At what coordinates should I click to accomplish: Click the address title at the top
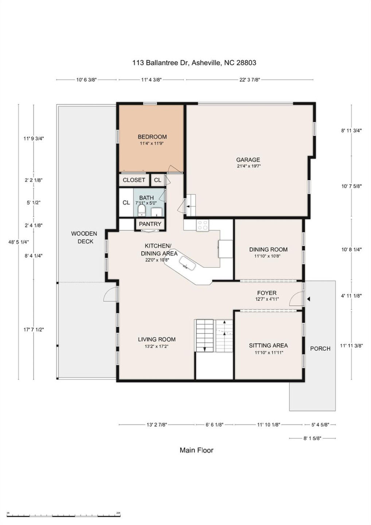(194, 63)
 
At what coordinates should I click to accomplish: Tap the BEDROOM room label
(152, 137)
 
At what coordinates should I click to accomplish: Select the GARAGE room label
(248, 160)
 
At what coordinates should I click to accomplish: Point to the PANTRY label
(150, 224)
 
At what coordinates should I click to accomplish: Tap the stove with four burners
(202, 225)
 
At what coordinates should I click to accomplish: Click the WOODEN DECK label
(84, 237)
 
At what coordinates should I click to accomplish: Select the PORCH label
(320, 349)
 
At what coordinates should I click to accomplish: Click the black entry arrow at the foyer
(308, 299)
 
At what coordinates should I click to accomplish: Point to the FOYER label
(267, 293)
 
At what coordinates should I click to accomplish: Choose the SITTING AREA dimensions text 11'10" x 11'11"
(269, 353)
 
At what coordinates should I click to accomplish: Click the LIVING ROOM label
(157, 339)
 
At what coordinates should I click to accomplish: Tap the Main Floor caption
(196, 450)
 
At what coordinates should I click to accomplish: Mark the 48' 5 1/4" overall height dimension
(19, 242)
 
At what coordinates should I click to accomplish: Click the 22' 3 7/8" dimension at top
(250, 80)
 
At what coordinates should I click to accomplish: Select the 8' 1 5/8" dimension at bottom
(312, 438)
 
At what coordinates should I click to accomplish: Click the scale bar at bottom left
(63, 515)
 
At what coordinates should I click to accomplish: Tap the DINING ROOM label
(268, 249)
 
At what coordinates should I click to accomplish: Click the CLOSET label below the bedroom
(134, 180)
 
